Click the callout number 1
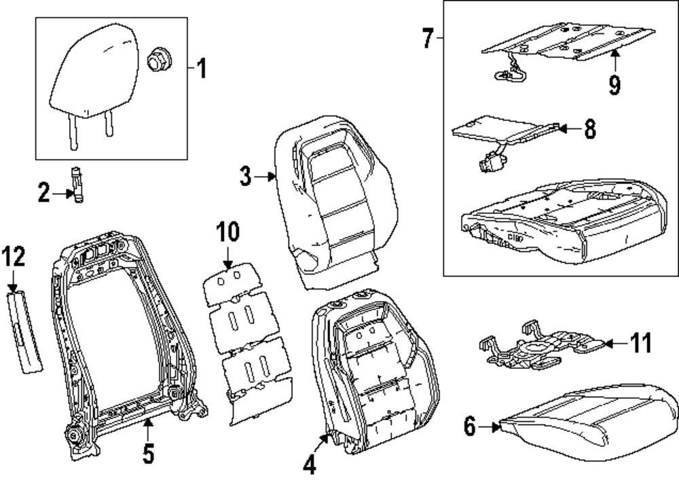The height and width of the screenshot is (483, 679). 201,69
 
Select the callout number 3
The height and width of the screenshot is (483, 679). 245,177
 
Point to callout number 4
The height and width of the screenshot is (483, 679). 310,465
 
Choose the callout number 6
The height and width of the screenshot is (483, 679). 469,427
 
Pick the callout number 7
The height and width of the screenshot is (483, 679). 427,39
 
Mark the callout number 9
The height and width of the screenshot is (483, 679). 614,85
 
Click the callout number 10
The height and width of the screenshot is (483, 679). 228,232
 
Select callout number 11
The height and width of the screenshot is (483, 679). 640,343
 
